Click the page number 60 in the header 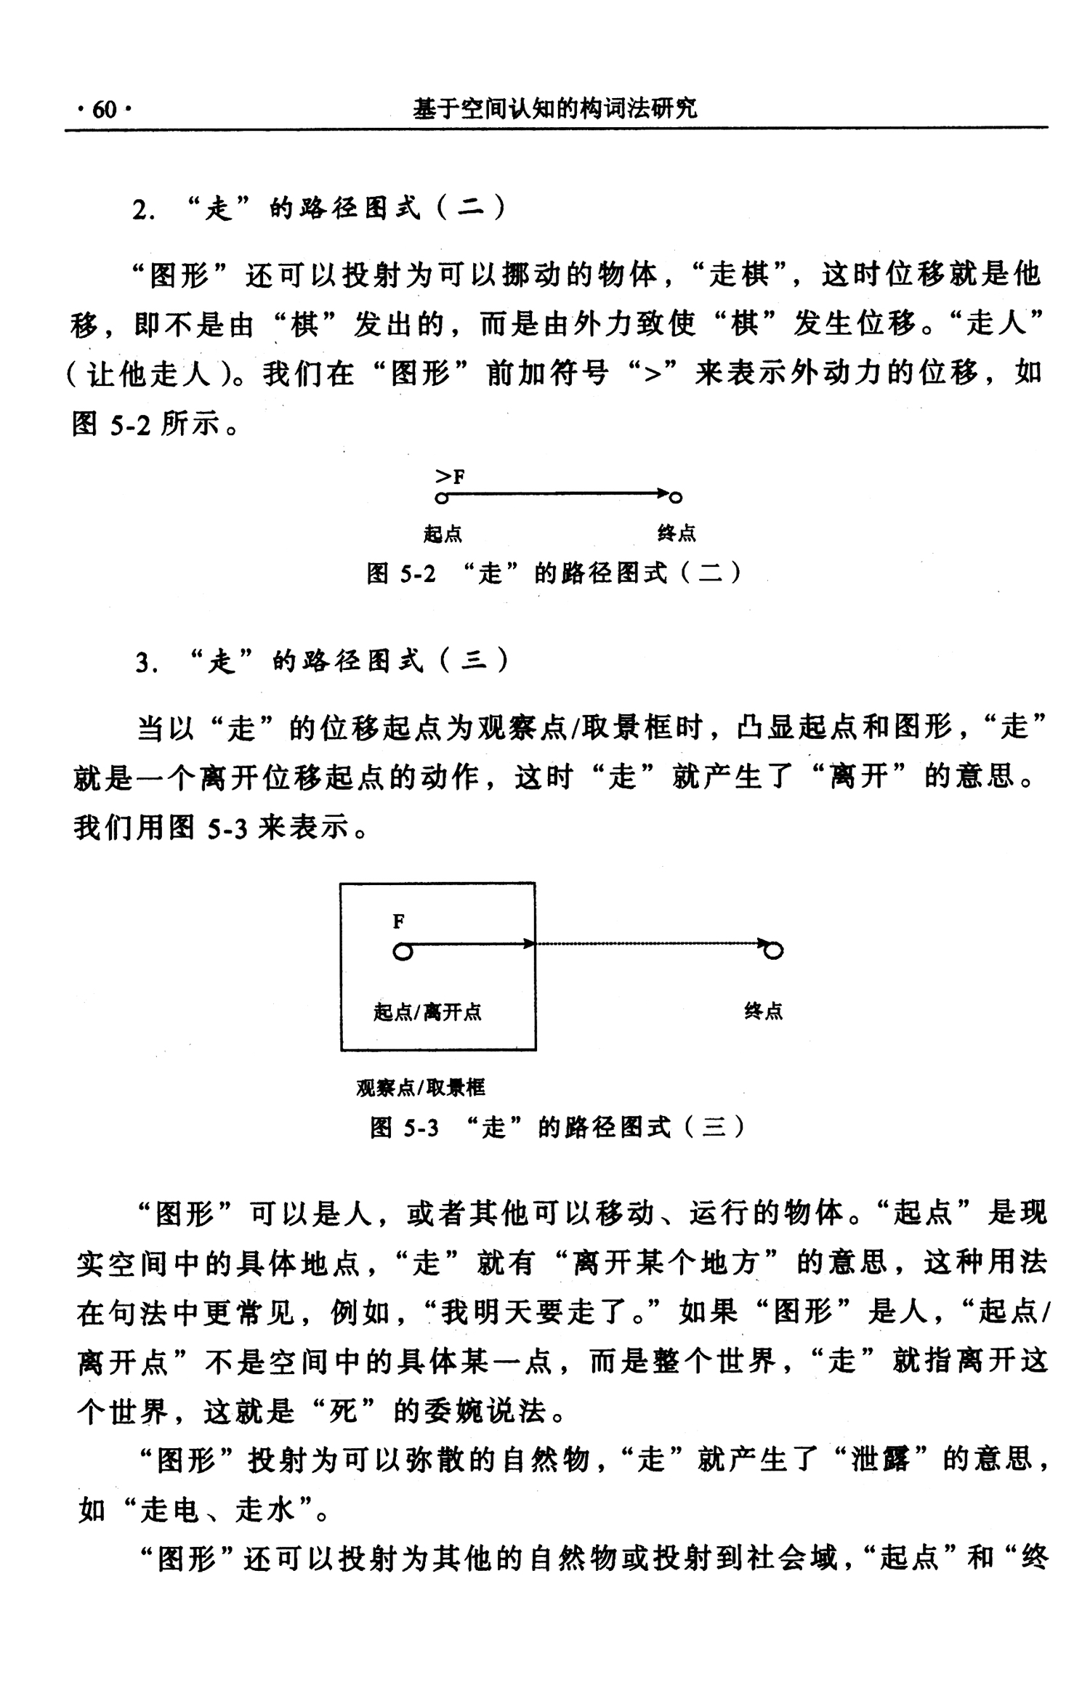pyautogui.click(x=104, y=110)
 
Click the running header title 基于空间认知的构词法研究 pyautogui.click(x=555, y=109)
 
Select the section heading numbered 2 pyautogui.click(x=319, y=210)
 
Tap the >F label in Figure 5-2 pyautogui.click(x=450, y=477)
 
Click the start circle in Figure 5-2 pyautogui.click(x=440, y=498)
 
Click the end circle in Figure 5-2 pyautogui.click(x=676, y=498)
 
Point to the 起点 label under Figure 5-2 pyautogui.click(x=443, y=535)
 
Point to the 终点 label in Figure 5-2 pyautogui.click(x=677, y=534)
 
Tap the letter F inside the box pyautogui.click(x=398, y=922)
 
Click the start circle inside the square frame pyautogui.click(x=403, y=951)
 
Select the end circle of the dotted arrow pyautogui.click(x=775, y=950)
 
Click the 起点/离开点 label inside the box pyautogui.click(x=427, y=1012)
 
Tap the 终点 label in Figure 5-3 pyautogui.click(x=763, y=1011)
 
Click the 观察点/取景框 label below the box pyautogui.click(x=420, y=1088)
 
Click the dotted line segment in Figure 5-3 pyautogui.click(x=647, y=944)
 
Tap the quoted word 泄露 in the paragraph pyautogui.click(x=880, y=1458)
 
